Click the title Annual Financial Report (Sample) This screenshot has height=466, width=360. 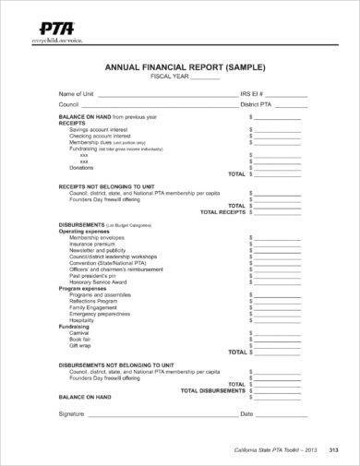[178, 66]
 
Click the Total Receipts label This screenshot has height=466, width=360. [222, 211]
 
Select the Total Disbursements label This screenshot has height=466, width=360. [214, 390]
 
